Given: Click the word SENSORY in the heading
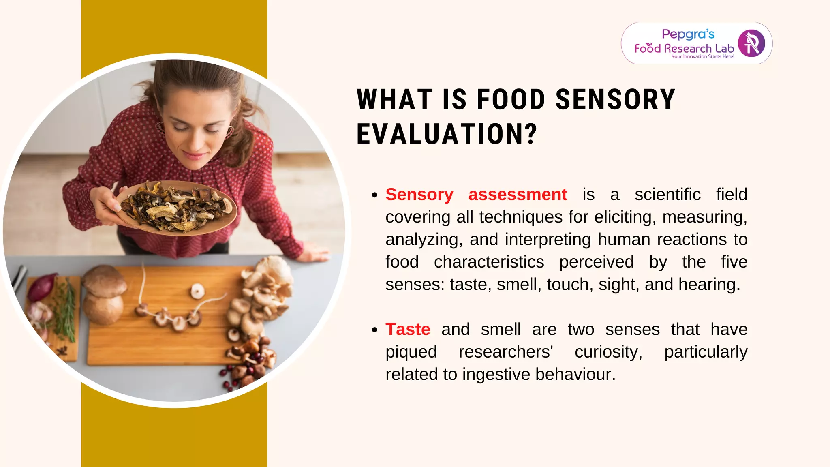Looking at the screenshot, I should tap(615, 100).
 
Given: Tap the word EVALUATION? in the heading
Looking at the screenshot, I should tap(447, 134).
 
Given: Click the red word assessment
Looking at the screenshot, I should tap(518, 195).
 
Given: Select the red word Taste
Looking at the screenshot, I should tap(408, 329).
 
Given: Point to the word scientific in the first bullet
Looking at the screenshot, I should tap(667, 195).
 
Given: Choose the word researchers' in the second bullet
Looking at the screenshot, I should tap(506, 352).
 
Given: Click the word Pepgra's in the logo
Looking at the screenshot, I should tap(688, 34).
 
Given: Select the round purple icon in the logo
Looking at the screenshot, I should tap(751, 43).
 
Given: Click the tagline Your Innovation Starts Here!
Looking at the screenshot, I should tap(703, 57).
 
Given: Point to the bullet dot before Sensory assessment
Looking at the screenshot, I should tap(374, 195).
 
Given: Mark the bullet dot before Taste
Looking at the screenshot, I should tap(374, 330).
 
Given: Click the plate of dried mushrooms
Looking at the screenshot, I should tap(176, 208).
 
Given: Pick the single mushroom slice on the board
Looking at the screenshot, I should tap(197, 290).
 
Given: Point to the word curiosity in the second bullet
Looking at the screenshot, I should tap(608, 352).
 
